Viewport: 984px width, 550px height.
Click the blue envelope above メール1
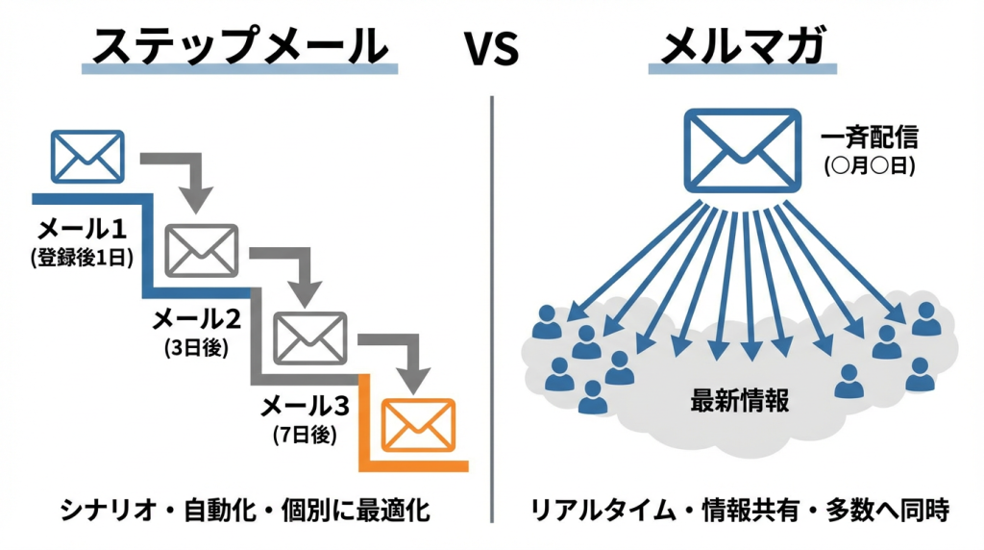tap(87, 156)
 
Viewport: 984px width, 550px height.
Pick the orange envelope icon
tap(418, 424)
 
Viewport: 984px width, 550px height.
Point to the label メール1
tap(82, 230)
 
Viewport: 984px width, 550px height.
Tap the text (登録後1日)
tap(82, 257)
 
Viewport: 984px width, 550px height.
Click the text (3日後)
tap(196, 348)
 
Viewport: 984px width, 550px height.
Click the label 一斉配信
tap(870, 137)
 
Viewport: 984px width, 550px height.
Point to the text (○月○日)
tap(870, 164)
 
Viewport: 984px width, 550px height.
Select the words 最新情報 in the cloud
tap(740, 400)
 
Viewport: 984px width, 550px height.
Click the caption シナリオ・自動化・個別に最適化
tap(244, 510)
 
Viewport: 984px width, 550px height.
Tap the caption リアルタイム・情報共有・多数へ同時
tap(740, 510)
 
